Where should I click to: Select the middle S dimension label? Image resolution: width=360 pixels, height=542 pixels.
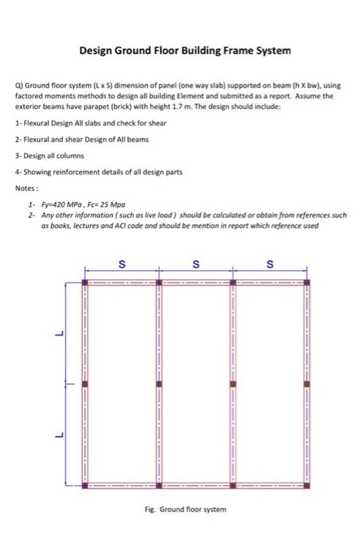point(196,266)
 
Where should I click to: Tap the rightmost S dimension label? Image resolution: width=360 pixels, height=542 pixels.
point(270,266)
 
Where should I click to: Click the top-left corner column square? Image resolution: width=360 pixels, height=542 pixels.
point(86,282)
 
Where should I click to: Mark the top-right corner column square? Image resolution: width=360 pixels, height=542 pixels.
point(307,282)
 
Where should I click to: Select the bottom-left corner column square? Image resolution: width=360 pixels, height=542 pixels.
point(86,485)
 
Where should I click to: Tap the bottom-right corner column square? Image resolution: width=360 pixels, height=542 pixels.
point(307,485)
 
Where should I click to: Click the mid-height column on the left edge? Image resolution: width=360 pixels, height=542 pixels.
point(86,383)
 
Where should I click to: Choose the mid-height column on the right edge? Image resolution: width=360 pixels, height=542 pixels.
point(307,383)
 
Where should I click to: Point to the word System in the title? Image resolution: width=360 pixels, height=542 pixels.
point(270,51)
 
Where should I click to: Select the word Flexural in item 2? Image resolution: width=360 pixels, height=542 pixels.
point(37,139)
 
